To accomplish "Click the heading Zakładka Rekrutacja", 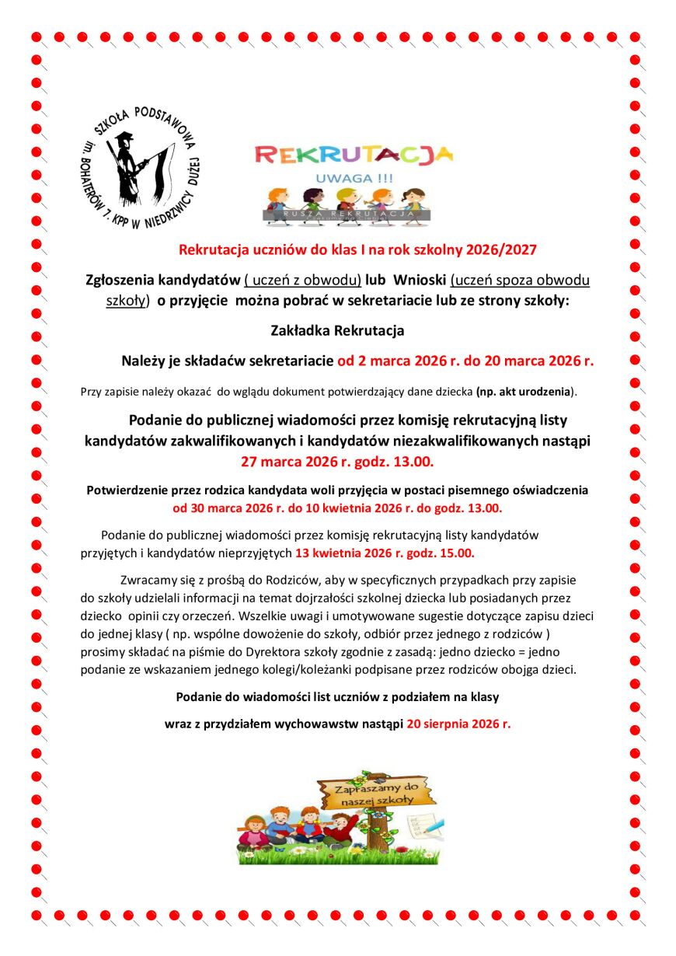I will click(337, 330).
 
